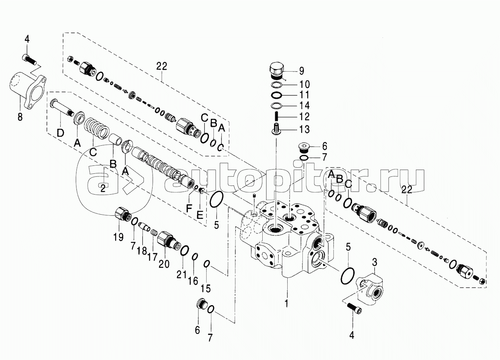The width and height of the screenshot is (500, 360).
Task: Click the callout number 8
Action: (20, 117)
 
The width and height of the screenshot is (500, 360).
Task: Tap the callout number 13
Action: (304, 129)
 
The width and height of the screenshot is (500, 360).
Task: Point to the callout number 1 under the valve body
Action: (287, 303)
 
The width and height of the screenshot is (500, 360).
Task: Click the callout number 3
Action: (375, 262)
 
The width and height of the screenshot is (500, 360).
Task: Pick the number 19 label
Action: (118, 237)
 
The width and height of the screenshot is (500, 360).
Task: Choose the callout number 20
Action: (164, 264)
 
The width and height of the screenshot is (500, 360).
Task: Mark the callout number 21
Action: (181, 274)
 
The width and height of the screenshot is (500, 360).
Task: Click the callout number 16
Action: (193, 281)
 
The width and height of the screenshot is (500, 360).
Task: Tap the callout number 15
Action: (206, 288)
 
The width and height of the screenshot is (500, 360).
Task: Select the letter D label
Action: (60, 133)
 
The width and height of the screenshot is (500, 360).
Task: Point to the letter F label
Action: (189, 209)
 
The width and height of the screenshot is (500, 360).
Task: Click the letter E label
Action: (199, 215)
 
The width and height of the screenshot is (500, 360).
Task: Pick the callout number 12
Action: (304, 117)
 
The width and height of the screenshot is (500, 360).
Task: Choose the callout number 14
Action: (304, 106)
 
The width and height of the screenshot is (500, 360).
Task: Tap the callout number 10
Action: (304, 84)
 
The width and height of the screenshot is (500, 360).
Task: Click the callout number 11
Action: (304, 95)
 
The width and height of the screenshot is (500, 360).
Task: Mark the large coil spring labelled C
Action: (97, 129)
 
